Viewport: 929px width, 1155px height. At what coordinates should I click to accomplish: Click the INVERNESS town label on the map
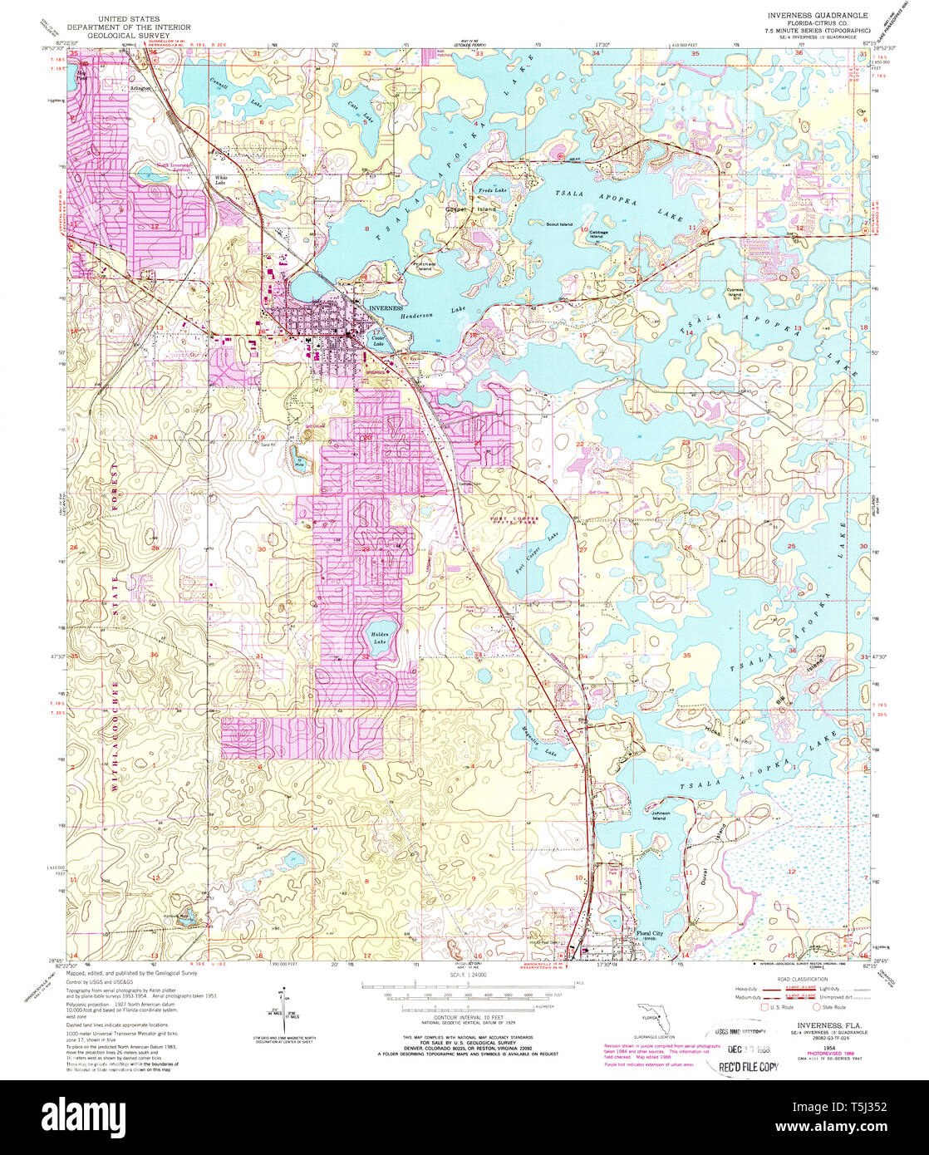coord(385,307)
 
